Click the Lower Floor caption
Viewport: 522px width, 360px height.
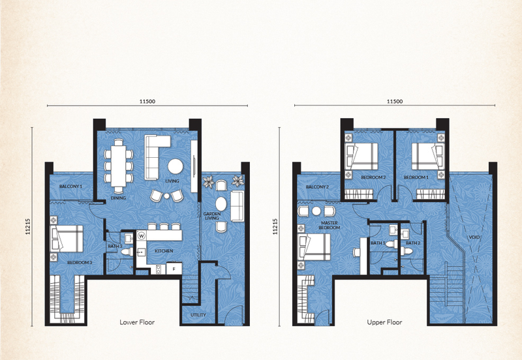click(x=137, y=322)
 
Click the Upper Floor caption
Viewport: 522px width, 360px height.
click(x=384, y=322)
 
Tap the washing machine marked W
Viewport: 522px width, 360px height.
click(x=142, y=236)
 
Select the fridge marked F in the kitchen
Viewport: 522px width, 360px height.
click(x=174, y=268)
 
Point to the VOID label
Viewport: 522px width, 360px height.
click(x=474, y=237)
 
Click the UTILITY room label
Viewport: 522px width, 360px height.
click(x=198, y=315)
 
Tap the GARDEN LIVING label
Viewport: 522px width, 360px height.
click(x=211, y=216)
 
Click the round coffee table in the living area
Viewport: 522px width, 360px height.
click(x=175, y=166)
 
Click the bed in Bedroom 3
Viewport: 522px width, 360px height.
click(x=67, y=239)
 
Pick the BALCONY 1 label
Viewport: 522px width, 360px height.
click(x=70, y=187)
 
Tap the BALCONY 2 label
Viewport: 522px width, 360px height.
click(x=317, y=187)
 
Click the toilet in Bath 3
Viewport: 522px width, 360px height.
click(x=127, y=252)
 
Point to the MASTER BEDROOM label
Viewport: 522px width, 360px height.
click(x=330, y=225)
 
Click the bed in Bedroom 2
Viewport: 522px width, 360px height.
click(x=361, y=157)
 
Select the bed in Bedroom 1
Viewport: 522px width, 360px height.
click(x=428, y=157)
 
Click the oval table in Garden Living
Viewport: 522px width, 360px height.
click(x=221, y=203)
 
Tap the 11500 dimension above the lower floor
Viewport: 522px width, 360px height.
click(x=147, y=102)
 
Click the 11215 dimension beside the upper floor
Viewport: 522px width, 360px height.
click(x=275, y=226)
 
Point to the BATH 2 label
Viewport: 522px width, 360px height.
click(x=413, y=243)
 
